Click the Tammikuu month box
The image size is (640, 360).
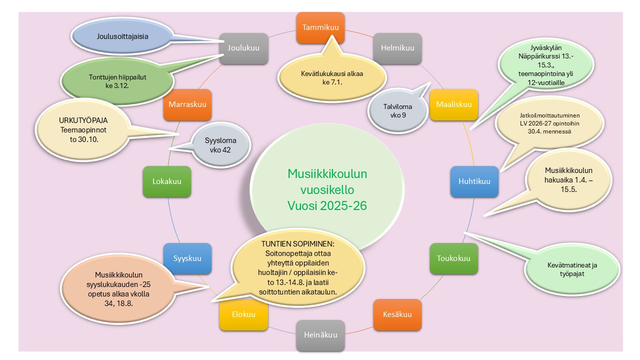(320, 27)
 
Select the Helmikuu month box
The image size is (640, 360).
(397, 48)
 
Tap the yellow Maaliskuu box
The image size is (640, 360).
(453, 104)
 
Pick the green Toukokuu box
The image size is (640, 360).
(453, 258)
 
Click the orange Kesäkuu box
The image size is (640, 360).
(397, 314)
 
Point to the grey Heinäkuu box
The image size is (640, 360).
(320, 335)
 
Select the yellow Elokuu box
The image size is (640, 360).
(243, 314)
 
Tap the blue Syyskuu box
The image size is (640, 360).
(187, 258)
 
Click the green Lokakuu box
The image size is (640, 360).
(166, 182)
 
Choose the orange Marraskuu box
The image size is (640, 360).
(187, 104)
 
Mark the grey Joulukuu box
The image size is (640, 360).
(243, 48)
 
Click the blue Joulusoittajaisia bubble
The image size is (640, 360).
(122, 36)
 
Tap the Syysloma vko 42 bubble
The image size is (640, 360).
(220, 145)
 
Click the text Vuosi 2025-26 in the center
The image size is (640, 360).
(327, 206)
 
